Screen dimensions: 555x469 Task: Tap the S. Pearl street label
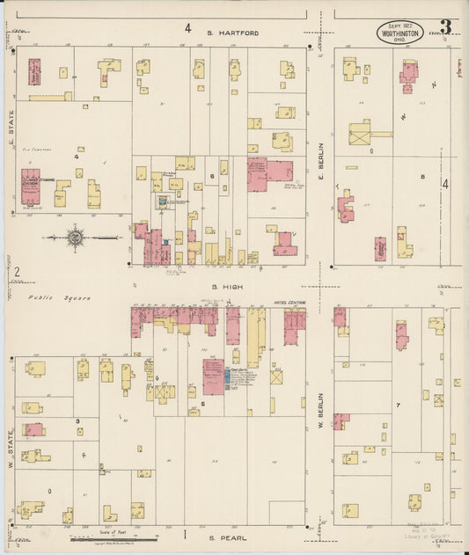click(x=228, y=537)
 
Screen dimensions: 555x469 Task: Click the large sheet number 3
click(x=445, y=27)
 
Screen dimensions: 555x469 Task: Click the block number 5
click(x=203, y=404)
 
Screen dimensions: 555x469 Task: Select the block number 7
click(x=399, y=405)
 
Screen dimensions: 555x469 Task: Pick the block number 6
click(x=212, y=177)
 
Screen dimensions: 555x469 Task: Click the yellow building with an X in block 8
click(x=359, y=134)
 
